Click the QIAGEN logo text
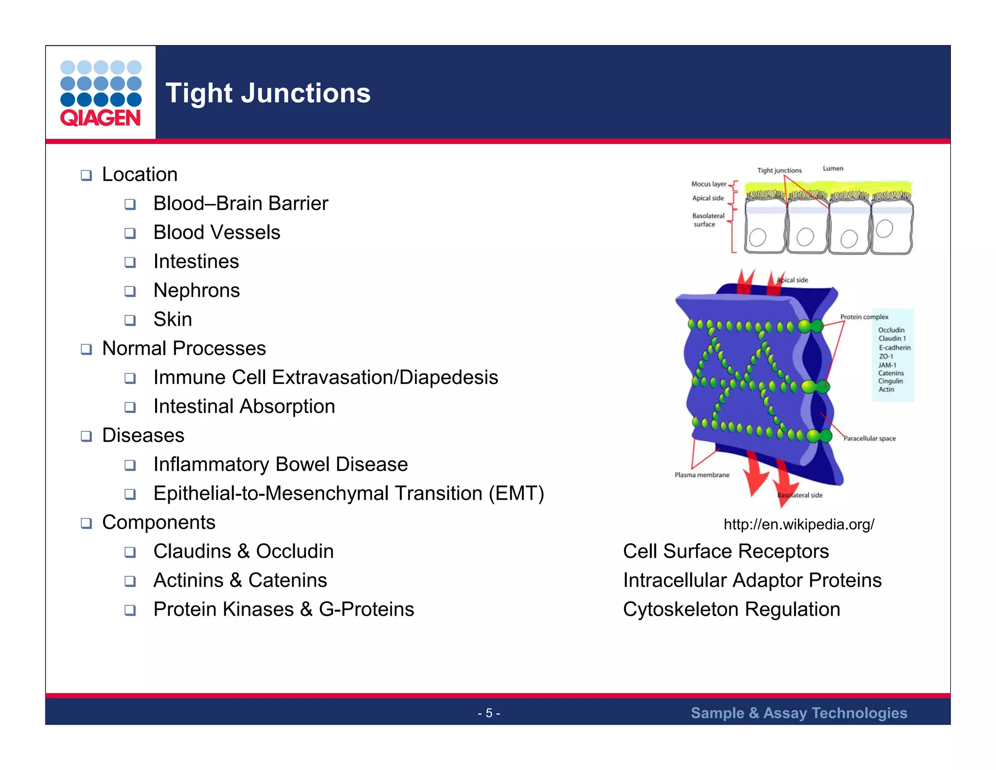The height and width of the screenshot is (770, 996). click(100, 118)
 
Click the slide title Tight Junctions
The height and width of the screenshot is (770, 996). click(268, 93)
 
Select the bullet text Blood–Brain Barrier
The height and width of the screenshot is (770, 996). click(241, 203)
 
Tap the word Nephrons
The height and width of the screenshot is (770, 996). click(196, 291)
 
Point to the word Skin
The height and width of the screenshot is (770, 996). click(173, 319)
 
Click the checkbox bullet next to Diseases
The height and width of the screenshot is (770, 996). click(87, 436)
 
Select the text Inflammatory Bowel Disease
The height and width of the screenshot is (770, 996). click(281, 464)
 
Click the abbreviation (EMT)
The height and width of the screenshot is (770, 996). click(516, 494)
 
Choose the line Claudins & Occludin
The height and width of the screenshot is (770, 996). click(244, 551)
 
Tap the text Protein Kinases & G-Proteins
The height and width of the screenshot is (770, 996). click(284, 609)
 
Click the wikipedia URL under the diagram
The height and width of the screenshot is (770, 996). click(799, 524)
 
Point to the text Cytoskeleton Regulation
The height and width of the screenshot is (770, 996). click(731, 609)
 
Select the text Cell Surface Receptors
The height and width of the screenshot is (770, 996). click(726, 551)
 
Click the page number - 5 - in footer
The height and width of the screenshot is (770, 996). click(489, 713)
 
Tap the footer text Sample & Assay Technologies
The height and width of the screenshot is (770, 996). click(799, 713)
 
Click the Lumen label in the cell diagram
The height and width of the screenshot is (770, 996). click(833, 168)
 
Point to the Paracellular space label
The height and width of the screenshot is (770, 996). click(869, 439)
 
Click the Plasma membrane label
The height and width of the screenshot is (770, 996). click(702, 475)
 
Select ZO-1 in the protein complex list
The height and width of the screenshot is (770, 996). click(886, 356)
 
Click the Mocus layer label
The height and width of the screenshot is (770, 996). click(709, 184)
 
